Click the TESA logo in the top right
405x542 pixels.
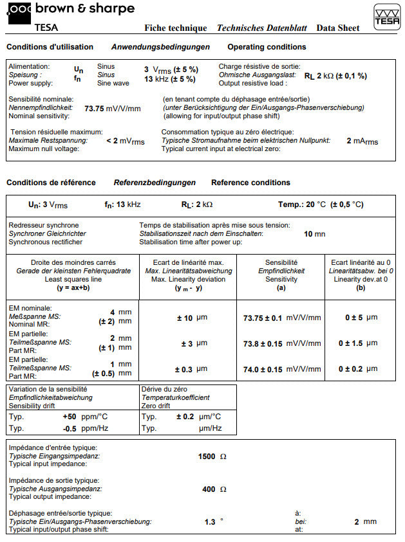[x=386, y=17]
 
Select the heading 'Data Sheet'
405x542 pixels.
[x=337, y=28]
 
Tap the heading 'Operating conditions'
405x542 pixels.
[x=267, y=47]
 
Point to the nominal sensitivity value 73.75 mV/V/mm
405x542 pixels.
[x=112, y=108]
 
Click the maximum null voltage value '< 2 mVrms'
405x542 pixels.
[x=126, y=140]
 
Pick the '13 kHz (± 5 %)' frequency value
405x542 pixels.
[x=171, y=78]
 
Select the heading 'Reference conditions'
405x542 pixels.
[x=250, y=183]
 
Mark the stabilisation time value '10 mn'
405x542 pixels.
[x=314, y=234]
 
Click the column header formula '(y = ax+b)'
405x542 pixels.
[x=73, y=288]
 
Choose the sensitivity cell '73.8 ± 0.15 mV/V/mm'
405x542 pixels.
[x=282, y=343]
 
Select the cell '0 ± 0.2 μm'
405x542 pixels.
[x=361, y=369]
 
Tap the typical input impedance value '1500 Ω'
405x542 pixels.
[x=212, y=456]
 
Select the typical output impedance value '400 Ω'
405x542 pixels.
[x=214, y=489]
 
